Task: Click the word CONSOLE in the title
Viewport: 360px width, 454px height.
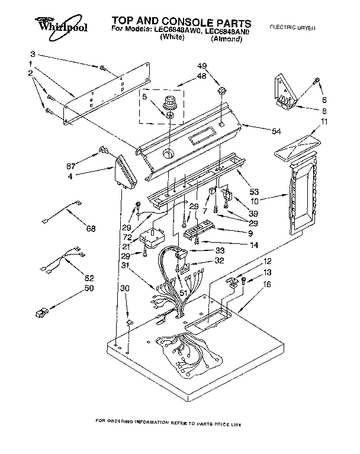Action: (x=182, y=23)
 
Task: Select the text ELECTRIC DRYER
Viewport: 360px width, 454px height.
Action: (x=292, y=28)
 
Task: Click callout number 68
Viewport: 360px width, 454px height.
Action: (x=91, y=229)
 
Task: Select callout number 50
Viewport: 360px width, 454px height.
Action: (x=89, y=288)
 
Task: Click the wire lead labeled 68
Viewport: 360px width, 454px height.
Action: (x=59, y=213)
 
